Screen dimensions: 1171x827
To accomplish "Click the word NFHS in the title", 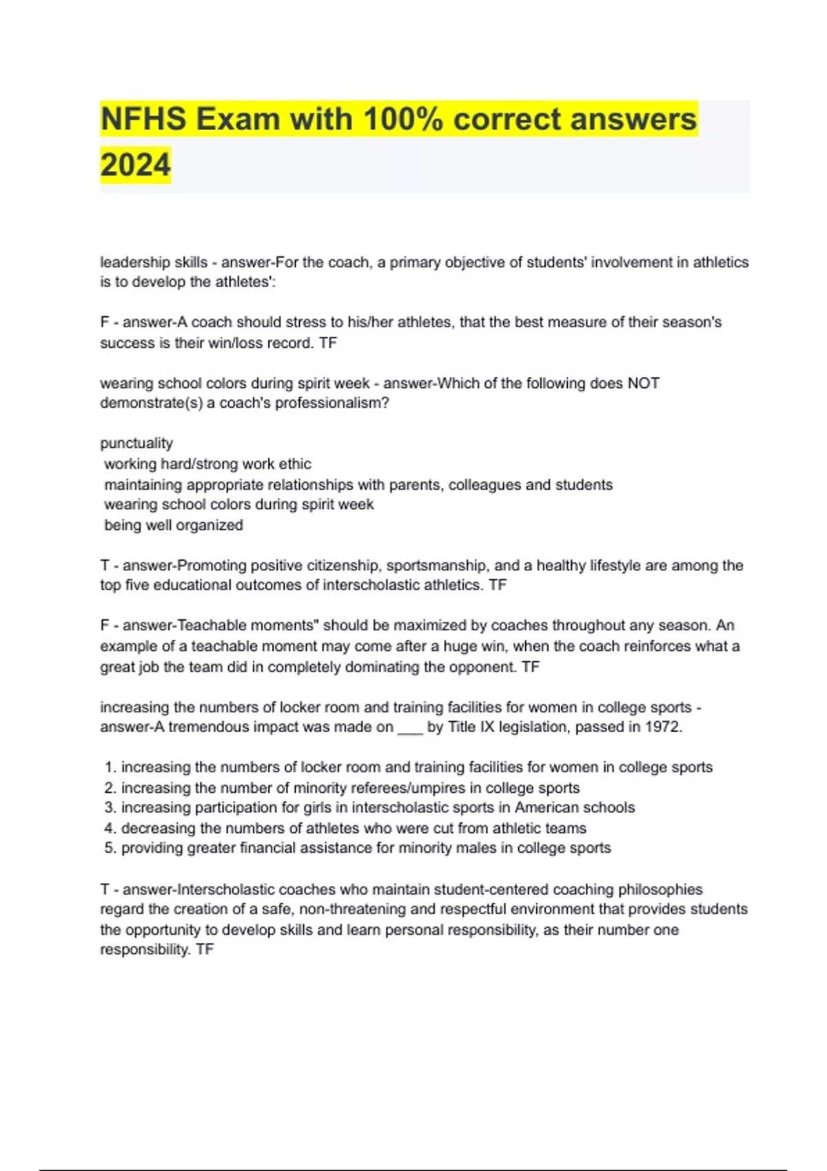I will click(x=143, y=119).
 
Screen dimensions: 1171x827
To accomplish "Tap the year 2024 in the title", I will click(x=135, y=165).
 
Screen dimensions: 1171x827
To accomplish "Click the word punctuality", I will click(x=136, y=444).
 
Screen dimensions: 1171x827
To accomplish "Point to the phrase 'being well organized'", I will click(x=173, y=526).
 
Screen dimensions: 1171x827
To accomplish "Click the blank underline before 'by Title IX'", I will click(x=410, y=729).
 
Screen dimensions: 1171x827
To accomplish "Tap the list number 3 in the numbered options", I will click(x=110, y=807).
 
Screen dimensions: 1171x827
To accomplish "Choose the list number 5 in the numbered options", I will click(x=110, y=848).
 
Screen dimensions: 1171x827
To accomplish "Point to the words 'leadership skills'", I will click(x=154, y=262).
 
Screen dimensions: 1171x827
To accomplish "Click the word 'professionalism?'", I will click(x=332, y=403).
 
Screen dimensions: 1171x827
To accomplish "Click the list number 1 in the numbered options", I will click(x=110, y=767).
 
